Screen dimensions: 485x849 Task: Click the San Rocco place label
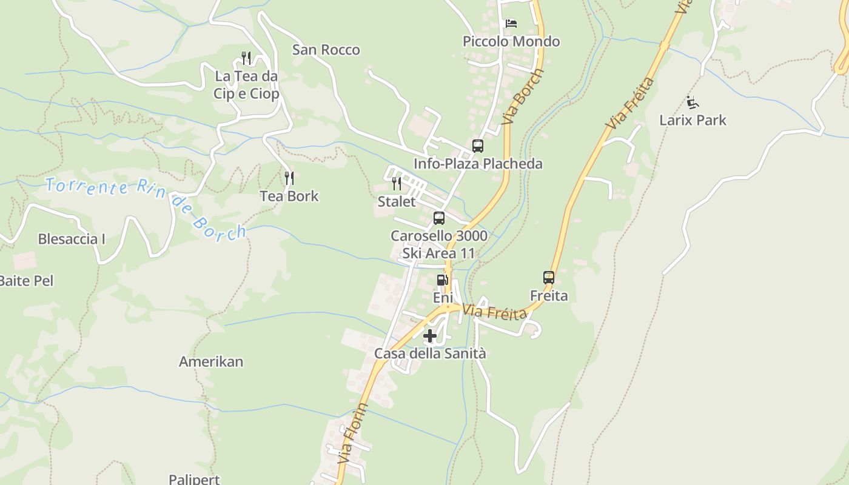326,50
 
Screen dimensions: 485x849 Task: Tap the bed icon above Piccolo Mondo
511,24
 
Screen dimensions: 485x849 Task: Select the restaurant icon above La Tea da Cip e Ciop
246,58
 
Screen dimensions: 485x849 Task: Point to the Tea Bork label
289,196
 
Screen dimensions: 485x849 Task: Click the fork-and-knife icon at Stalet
397,183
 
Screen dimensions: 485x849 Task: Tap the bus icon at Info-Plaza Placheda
478,146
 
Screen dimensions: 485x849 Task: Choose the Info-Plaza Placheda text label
478,164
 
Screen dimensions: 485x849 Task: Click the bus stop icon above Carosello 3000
439,218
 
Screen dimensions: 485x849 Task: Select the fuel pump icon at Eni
443,280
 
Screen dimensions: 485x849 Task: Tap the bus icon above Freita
549,278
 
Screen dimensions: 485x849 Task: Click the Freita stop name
549,296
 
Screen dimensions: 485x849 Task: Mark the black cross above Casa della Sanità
430,336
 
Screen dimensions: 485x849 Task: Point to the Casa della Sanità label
430,353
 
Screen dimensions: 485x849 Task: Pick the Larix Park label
693,120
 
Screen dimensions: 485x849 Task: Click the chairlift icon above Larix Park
693,102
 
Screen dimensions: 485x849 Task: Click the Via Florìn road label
352,434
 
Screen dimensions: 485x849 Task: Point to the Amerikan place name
211,362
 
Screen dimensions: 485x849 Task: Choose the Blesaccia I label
72,239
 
